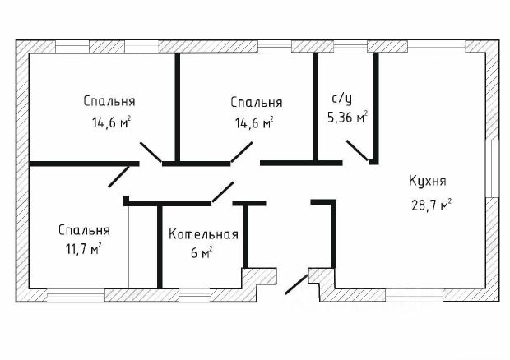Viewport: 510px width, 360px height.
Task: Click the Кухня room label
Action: (x=428, y=181)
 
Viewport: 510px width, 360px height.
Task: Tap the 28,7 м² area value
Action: (x=431, y=205)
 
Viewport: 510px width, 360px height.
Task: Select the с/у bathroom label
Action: (x=342, y=99)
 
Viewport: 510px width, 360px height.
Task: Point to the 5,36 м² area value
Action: (x=347, y=117)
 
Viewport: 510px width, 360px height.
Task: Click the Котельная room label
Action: (x=204, y=234)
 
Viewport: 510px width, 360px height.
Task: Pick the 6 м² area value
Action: (x=202, y=252)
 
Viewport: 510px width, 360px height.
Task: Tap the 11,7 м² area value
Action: (x=84, y=249)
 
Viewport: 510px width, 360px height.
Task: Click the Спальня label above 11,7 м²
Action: (x=84, y=230)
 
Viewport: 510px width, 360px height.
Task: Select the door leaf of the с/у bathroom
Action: (x=357, y=150)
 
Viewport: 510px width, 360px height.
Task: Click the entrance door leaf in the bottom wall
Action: (x=296, y=284)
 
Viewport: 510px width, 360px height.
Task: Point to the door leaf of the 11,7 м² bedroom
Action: (x=118, y=177)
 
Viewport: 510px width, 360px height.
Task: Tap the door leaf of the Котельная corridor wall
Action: (x=222, y=192)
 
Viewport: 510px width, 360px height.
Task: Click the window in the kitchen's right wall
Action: (x=492, y=168)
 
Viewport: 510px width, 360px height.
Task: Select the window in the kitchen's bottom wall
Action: (x=415, y=295)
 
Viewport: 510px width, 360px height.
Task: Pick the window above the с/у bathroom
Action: (x=350, y=47)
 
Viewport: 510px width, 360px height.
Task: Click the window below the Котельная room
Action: (x=195, y=295)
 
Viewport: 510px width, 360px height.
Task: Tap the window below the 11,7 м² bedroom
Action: (x=76, y=295)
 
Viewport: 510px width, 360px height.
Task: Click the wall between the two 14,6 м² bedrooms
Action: (x=178, y=107)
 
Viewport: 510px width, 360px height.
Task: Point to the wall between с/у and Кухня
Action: (x=376, y=107)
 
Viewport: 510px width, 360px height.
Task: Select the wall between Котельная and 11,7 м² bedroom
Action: (x=160, y=247)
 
